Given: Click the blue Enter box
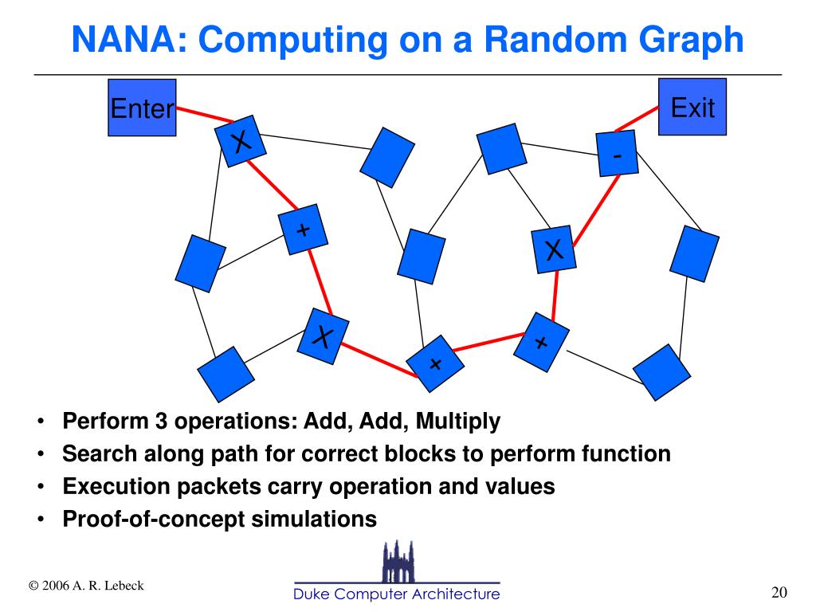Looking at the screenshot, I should point(142,108).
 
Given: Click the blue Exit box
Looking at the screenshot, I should point(692,107).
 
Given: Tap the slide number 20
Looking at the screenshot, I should point(779,592).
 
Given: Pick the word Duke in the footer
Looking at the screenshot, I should point(312,594).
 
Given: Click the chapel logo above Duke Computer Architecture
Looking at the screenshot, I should point(397,561).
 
